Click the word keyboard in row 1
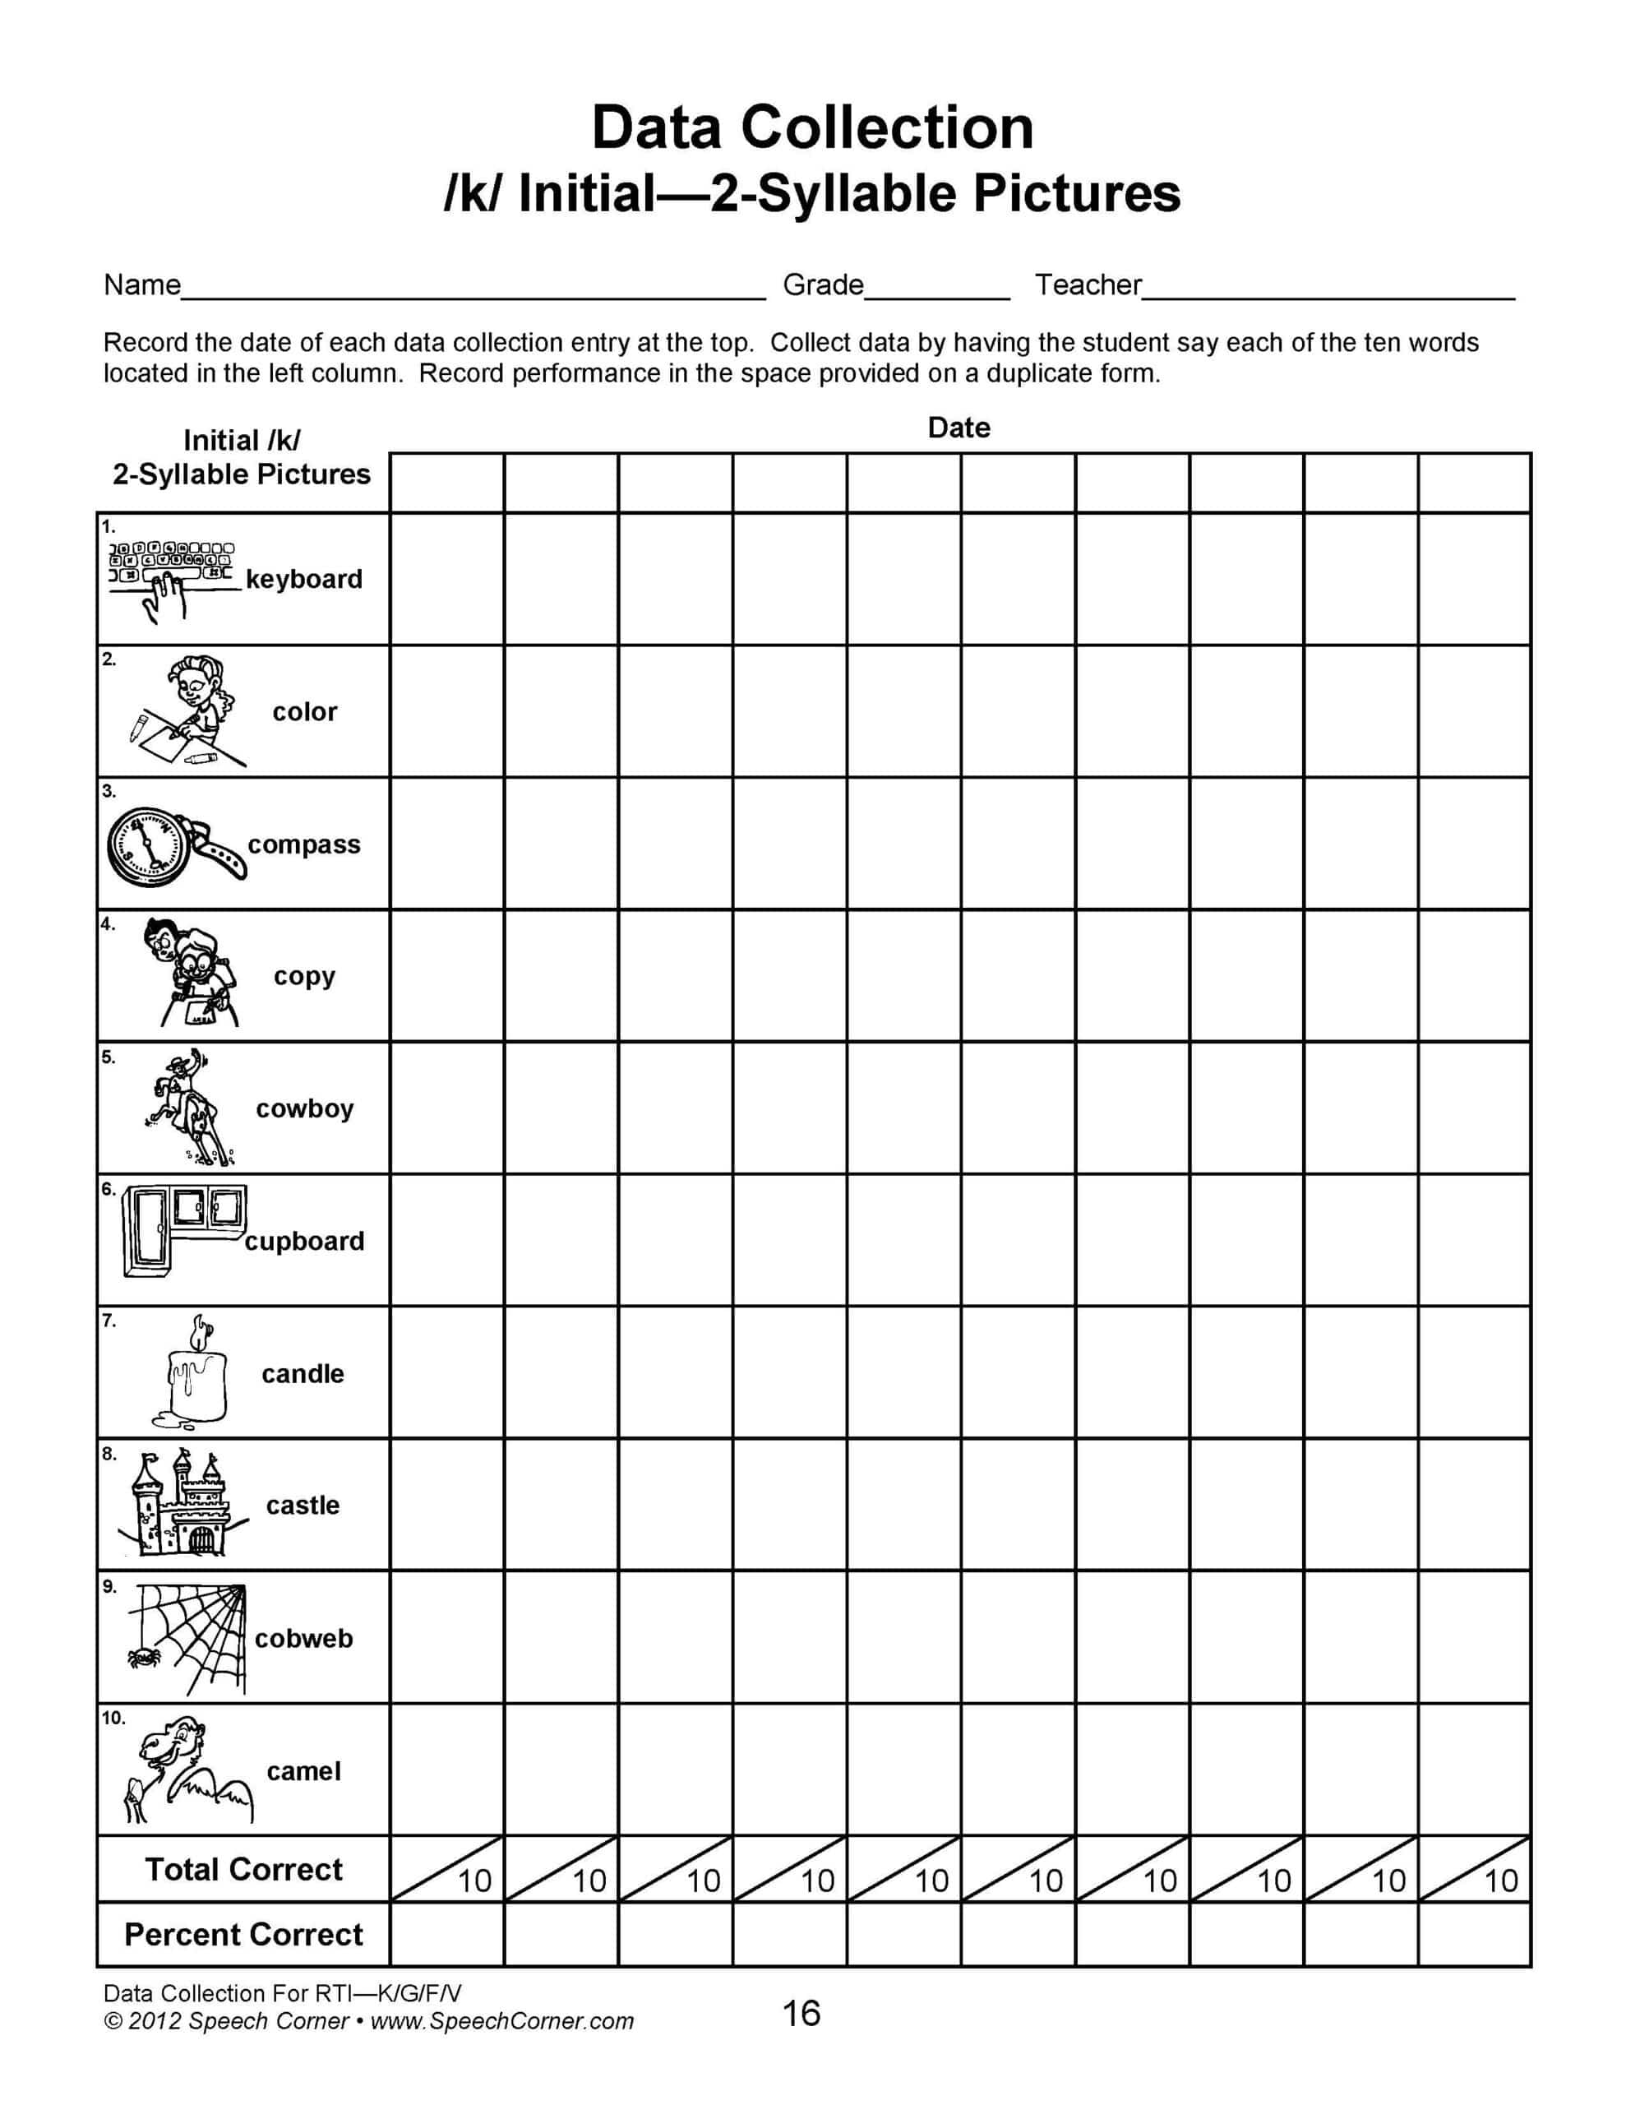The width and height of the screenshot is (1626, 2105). [x=303, y=579]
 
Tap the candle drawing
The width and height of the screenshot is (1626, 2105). [x=196, y=1376]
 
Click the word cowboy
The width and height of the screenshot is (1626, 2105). [x=305, y=1108]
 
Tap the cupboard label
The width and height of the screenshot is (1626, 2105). [x=305, y=1242]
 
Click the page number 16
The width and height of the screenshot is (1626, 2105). [x=801, y=2014]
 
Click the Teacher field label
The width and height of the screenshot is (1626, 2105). [x=1088, y=285]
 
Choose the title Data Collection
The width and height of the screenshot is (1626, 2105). [x=811, y=128]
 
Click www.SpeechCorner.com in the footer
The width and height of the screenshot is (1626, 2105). [x=501, y=2021]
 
